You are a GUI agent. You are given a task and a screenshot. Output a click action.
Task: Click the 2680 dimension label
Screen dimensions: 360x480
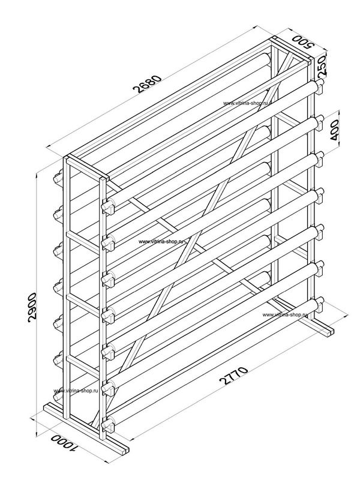[x=148, y=83]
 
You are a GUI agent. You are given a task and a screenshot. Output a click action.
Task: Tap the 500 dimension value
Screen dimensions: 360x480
[x=304, y=41]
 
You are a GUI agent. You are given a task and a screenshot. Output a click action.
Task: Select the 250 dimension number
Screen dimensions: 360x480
[x=322, y=66]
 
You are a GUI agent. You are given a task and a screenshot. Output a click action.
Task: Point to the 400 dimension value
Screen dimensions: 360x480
[x=335, y=130]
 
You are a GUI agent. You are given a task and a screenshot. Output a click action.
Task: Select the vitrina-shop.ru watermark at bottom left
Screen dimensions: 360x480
[x=76, y=391]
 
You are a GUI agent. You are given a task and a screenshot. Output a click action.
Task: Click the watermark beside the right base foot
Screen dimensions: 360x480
[x=284, y=314]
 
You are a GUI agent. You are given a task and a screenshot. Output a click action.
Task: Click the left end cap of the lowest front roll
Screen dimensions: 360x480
[x=108, y=425]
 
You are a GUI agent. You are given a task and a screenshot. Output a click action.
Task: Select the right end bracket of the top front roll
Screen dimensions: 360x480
[x=319, y=87]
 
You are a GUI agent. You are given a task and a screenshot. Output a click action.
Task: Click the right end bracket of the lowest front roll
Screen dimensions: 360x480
[x=319, y=305]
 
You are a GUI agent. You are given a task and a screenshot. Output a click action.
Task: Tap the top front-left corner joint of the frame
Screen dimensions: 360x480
[x=104, y=178]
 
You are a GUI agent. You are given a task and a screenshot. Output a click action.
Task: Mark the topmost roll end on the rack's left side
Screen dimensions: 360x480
[x=58, y=178]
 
